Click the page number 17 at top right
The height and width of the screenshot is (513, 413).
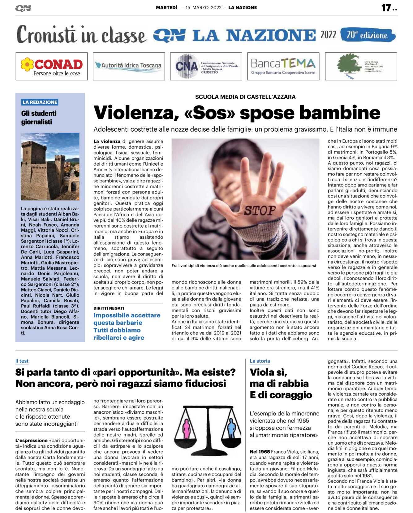pos(386,8)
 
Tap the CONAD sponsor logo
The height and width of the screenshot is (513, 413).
pos(52,66)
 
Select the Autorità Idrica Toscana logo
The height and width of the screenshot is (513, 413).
pos(129,66)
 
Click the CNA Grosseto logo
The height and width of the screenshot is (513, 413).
pos(206,66)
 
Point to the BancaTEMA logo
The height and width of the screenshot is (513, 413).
pos(283,66)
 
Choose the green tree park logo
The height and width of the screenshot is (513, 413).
pos(361,66)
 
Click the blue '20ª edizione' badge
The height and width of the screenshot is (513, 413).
pos(368,35)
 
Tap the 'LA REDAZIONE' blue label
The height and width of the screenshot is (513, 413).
pos(40,102)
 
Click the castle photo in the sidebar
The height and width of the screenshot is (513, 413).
pos(50,166)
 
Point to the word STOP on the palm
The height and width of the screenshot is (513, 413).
pos(260,211)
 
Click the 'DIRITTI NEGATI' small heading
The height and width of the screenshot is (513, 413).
pos(109,308)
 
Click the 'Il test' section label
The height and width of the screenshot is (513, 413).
pos(22,361)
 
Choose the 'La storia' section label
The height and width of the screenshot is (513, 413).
pos(260,361)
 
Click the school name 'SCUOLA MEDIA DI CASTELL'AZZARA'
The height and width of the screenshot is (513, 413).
pos(245,97)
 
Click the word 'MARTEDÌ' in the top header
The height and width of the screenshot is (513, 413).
pos(166,8)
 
